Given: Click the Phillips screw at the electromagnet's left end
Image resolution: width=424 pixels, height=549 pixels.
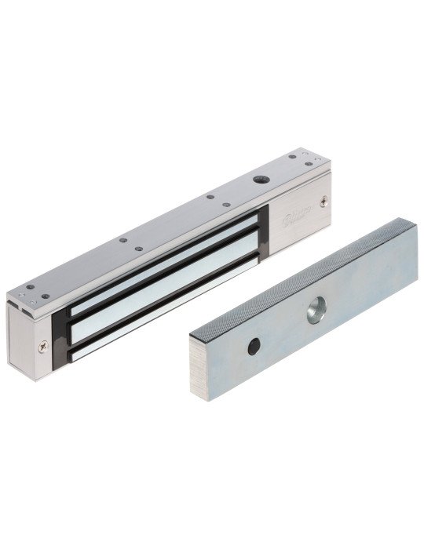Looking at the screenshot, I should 41,341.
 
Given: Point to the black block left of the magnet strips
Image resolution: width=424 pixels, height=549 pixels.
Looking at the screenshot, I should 60,333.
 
